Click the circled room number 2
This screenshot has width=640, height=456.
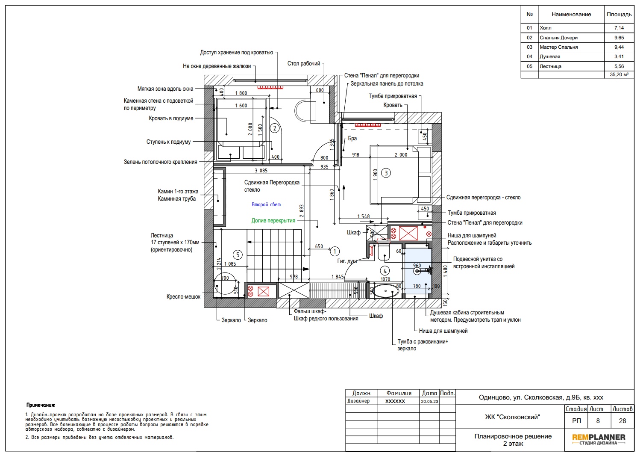point(275,128)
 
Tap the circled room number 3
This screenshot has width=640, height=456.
point(386,173)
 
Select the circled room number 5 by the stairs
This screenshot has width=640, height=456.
point(238,255)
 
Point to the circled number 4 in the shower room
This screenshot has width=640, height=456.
point(385,271)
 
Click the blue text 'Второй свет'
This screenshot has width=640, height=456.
point(266,204)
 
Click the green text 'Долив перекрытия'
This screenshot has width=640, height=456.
point(273,221)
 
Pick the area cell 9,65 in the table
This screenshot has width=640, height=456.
point(619,38)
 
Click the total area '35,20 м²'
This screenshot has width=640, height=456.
point(619,75)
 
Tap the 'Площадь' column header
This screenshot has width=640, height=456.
point(619,14)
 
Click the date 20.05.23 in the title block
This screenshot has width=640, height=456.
point(429,401)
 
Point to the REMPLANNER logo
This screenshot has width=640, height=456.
point(599,439)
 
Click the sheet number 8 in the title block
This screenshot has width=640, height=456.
point(598,421)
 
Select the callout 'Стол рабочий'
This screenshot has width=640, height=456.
point(303,63)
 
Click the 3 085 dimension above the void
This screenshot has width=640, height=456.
point(261,171)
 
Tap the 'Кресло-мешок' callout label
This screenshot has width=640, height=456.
point(183,297)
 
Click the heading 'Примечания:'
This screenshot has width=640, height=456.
point(41,405)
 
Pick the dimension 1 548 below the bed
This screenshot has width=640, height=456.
point(364,216)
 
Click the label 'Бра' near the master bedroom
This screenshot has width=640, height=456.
point(352,139)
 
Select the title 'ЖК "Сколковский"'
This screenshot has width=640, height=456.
point(512,417)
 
